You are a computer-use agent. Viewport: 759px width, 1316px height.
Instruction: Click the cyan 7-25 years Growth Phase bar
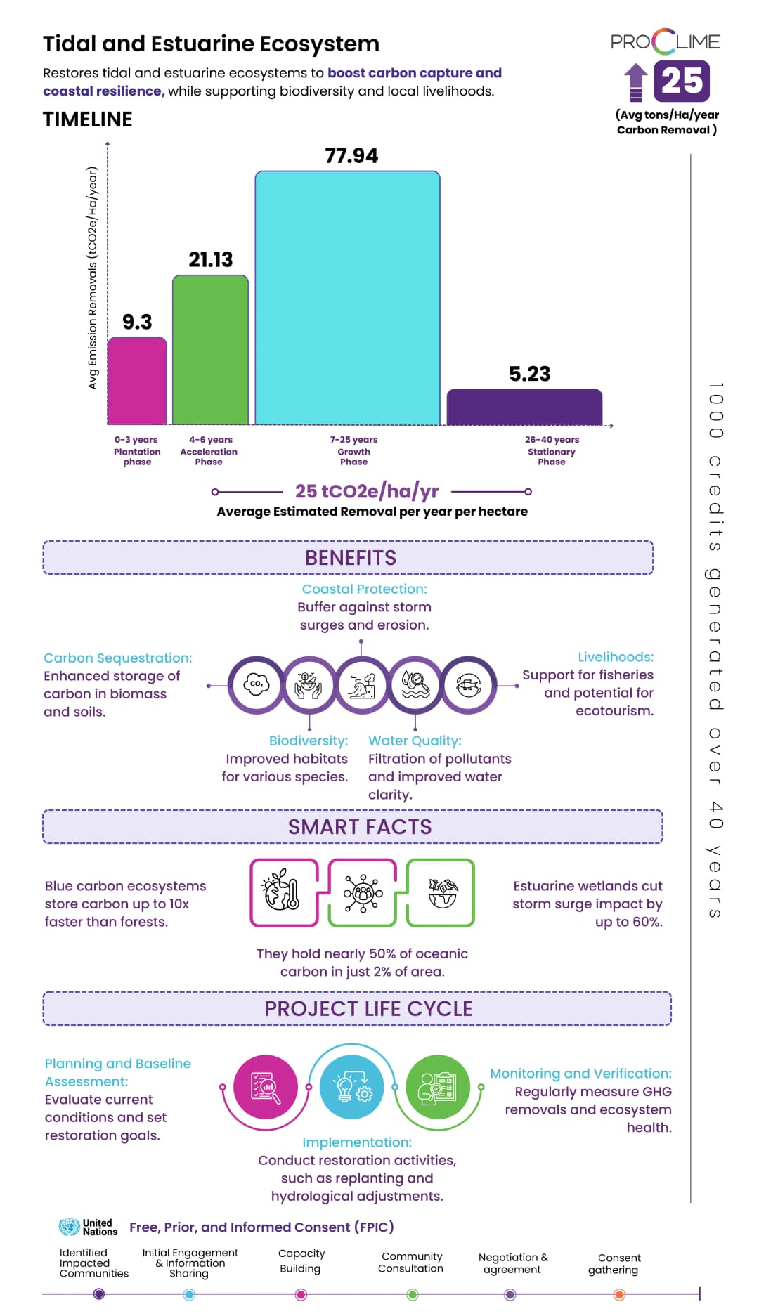(x=347, y=298)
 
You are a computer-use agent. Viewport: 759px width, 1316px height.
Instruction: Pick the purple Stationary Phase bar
(x=524, y=407)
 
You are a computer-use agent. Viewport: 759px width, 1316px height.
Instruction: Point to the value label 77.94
(x=351, y=156)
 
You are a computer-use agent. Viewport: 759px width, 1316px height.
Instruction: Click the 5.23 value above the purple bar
(x=529, y=374)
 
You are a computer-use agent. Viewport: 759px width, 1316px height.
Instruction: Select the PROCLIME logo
(x=665, y=42)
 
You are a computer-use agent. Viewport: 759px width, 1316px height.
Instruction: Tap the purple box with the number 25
(x=681, y=82)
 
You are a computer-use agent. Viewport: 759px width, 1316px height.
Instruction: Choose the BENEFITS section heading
(x=350, y=558)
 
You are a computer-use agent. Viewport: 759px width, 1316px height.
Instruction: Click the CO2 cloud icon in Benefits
(x=257, y=684)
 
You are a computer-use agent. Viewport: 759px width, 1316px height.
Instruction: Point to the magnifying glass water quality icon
(x=415, y=684)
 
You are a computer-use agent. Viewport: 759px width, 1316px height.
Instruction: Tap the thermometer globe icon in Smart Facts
(x=284, y=892)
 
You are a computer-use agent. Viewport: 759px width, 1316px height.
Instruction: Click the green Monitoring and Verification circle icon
(x=438, y=1088)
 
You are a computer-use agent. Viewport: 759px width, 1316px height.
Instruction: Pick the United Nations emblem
(x=69, y=1227)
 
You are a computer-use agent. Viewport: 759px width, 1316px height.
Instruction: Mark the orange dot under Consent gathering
(x=619, y=1294)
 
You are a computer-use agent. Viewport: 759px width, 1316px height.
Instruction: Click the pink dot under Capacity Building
(x=301, y=1294)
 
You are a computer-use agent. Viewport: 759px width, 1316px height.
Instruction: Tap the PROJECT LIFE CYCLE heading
(x=368, y=1009)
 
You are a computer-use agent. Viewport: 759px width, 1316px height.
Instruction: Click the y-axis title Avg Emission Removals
(x=92, y=278)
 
